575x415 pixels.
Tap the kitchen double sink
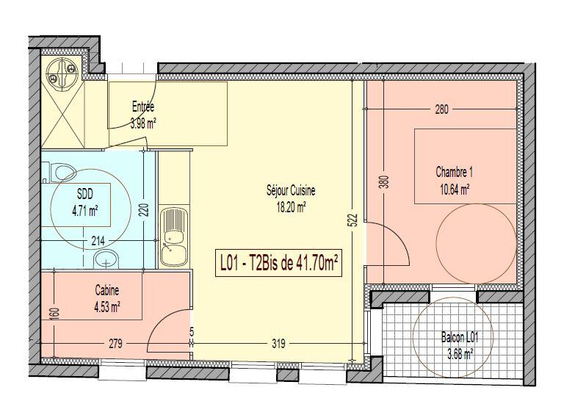tap(174, 237)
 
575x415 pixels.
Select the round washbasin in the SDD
tap(106, 259)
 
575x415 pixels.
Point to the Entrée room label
tap(143, 107)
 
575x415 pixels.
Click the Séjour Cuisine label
tap(291, 191)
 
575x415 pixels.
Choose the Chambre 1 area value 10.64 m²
tap(455, 190)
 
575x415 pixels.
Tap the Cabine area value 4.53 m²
tap(107, 307)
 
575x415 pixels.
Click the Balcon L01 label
tap(460, 337)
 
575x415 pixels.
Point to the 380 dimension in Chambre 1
tap(383, 182)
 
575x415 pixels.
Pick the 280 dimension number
tap(441, 109)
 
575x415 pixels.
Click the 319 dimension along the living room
tap(279, 344)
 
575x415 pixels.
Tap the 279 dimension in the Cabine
tap(116, 344)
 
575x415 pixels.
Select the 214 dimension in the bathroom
tap(98, 241)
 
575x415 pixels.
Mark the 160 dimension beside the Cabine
tap(54, 314)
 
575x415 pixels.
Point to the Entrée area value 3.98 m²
tap(143, 123)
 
